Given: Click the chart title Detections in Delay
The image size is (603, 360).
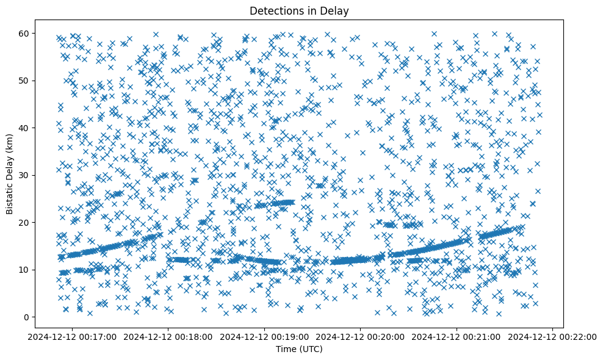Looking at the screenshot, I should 300,10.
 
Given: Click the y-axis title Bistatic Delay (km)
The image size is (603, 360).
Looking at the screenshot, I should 10,173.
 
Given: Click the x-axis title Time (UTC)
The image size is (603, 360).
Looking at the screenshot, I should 300,349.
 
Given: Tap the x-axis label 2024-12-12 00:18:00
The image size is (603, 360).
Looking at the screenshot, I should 168,336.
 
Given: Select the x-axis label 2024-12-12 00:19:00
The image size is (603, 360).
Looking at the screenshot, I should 264,336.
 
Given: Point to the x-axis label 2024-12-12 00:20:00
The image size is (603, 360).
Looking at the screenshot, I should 361,336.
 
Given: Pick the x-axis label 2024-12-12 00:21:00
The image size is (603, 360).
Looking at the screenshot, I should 457,336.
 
